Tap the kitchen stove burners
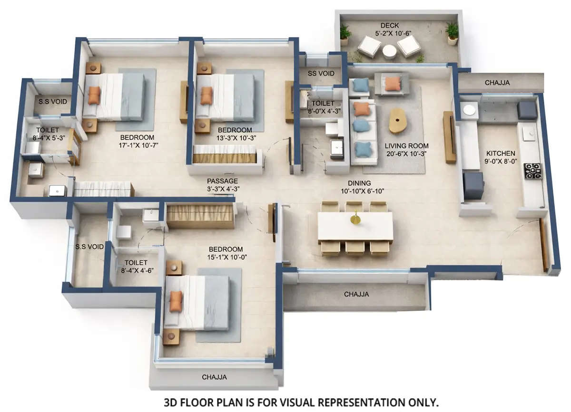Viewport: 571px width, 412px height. click(532, 171)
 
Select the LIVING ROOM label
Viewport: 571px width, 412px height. click(406, 146)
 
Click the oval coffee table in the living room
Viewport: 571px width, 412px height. click(398, 121)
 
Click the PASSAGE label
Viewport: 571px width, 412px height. click(222, 181)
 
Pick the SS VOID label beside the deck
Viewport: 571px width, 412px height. click(321, 74)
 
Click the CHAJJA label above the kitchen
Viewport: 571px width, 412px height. click(497, 83)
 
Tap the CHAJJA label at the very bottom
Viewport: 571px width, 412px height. click(214, 377)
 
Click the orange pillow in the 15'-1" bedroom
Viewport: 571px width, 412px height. click(176, 301)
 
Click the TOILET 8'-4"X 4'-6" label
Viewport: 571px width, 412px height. click(136, 266)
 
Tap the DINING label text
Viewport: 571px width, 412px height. click(359, 183)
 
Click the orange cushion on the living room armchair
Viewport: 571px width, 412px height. click(392, 84)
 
